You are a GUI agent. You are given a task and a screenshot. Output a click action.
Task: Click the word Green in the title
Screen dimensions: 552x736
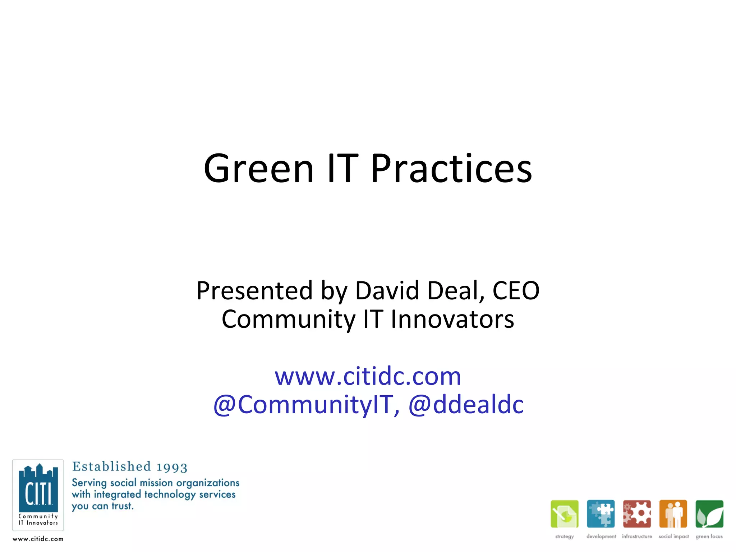point(259,169)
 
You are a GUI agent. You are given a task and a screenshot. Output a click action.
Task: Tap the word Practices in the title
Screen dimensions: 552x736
point(451,169)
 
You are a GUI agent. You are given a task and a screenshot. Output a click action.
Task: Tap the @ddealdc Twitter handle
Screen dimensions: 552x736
point(466,405)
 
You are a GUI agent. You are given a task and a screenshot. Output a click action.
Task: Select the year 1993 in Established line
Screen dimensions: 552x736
point(172,467)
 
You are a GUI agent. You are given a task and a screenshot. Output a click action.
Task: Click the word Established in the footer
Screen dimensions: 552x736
point(111,466)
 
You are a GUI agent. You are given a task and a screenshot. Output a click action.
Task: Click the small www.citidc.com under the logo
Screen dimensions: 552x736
point(38,539)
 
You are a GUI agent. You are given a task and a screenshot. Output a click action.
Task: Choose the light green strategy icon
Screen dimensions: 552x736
point(565,514)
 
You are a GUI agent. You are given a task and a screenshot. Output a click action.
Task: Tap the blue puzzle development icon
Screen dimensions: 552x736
point(601,514)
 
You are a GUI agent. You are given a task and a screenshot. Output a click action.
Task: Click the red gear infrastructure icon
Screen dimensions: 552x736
point(637,514)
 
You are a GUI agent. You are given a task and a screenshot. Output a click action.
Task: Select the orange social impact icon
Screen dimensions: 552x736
point(673,514)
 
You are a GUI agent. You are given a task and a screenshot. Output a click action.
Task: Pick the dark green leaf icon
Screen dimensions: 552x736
point(709,514)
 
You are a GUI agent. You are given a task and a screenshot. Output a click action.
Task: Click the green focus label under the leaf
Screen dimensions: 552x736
point(709,537)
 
